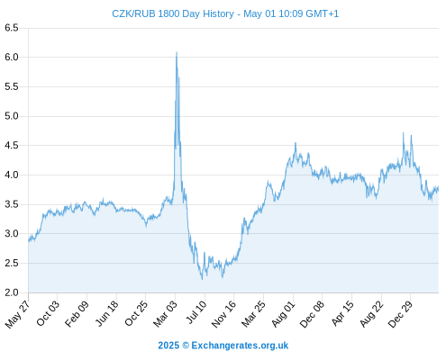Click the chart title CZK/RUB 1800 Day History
[173, 13]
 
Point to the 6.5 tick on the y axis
[12, 28]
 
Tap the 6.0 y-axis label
[12, 57]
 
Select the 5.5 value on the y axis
[12, 86]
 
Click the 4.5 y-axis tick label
[12, 146]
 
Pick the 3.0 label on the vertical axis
[12, 233]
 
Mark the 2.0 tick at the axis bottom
[12, 292]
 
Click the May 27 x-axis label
[18, 314]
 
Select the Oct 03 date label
[48, 313]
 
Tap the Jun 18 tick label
[107, 313]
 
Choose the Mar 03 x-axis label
[166, 313]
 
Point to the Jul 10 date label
[196, 312]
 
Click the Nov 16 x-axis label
[223, 314]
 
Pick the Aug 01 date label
[284, 314]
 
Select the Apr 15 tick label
[342, 313]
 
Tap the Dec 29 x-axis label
[401, 314]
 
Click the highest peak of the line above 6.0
[177, 52]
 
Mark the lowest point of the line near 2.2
[202, 279]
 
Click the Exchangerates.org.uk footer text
[240, 346]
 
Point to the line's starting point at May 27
[29, 240]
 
